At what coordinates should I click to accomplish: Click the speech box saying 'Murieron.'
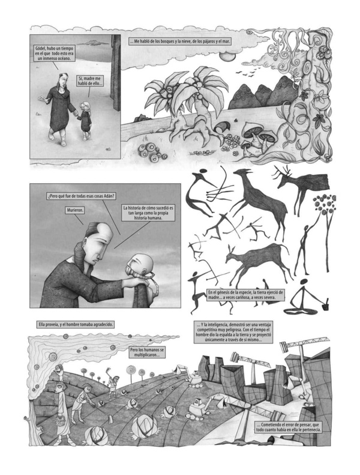(75, 211)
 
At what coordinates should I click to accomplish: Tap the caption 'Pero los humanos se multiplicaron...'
(147, 352)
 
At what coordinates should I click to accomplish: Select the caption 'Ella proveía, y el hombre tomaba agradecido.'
(76, 324)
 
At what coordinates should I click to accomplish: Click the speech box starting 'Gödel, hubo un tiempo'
(55, 53)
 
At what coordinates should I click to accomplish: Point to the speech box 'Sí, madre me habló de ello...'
(90, 81)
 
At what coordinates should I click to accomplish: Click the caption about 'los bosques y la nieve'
(180, 41)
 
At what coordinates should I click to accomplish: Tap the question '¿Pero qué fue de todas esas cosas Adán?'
(81, 196)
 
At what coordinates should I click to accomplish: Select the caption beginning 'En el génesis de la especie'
(246, 295)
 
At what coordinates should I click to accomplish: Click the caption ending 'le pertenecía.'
(288, 427)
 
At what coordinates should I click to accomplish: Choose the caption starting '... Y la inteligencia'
(233, 332)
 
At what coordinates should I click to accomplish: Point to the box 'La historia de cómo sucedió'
(148, 213)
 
